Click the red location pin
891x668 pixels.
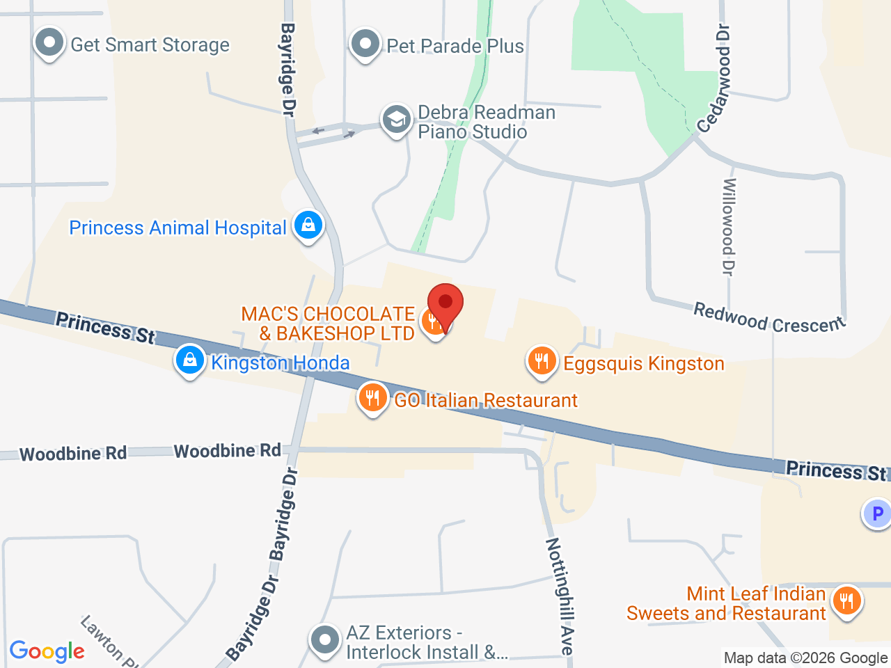(x=445, y=303)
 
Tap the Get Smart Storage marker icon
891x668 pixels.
(x=49, y=42)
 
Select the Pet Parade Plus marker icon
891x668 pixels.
(x=365, y=44)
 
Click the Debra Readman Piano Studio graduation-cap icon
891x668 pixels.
(x=396, y=120)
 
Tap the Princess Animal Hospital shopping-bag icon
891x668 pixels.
(x=308, y=225)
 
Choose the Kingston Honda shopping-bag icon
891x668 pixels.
(x=189, y=360)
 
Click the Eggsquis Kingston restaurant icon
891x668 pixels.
(x=542, y=361)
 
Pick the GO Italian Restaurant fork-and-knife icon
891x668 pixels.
(x=372, y=398)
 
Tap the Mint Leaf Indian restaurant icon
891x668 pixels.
(x=846, y=600)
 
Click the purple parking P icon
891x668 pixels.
(x=876, y=514)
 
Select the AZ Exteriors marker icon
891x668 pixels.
(x=324, y=639)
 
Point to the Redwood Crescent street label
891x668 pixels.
(x=768, y=319)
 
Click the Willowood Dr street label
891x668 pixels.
(x=729, y=226)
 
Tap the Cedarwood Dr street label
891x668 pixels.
(x=716, y=79)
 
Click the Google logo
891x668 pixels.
(x=47, y=651)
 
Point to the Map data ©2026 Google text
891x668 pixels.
(x=805, y=658)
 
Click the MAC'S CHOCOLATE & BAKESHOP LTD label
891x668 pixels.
(x=329, y=324)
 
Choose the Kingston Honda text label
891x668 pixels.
(x=280, y=363)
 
